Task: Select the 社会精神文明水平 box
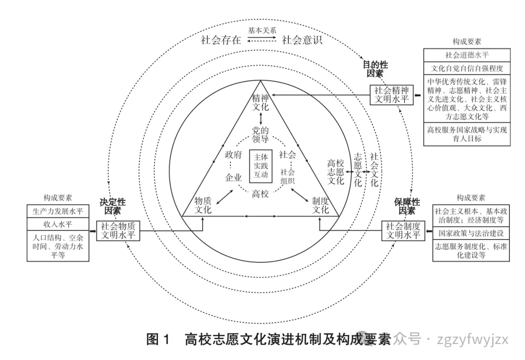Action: click(x=391, y=95)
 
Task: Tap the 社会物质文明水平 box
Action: click(x=118, y=230)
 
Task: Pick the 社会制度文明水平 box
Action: click(x=403, y=230)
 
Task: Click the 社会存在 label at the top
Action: click(x=221, y=40)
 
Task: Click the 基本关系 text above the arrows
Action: click(x=262, y=30)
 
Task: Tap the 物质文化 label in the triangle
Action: click(x=203, y=206)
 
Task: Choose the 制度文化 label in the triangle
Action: click(x=320, y=206)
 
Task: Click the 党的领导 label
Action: click(x=261, y=135)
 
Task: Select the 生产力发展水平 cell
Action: click(x=58, y=211)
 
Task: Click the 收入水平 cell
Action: click(x=58, y=224)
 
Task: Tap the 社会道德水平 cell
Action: click(x=467, y=54)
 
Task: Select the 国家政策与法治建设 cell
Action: click(x=471, y=233)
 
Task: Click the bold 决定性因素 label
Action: click(x=113, y=206)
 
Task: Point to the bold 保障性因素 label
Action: click(x=407, y=206)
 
